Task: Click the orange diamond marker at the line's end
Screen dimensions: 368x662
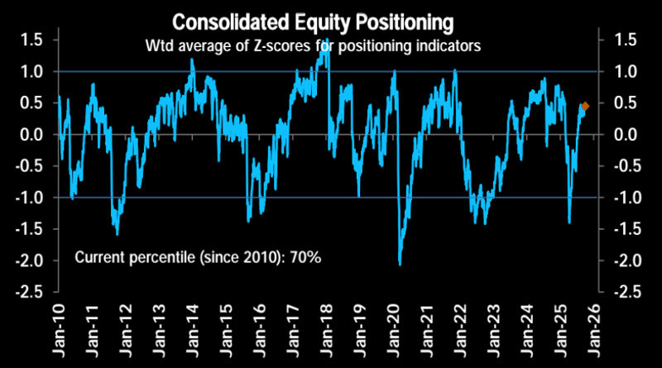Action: click(x=585, y=106)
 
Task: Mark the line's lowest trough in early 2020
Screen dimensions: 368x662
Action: click(x=401, y=264)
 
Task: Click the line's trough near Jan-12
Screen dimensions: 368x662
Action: click(x=117, y=234)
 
